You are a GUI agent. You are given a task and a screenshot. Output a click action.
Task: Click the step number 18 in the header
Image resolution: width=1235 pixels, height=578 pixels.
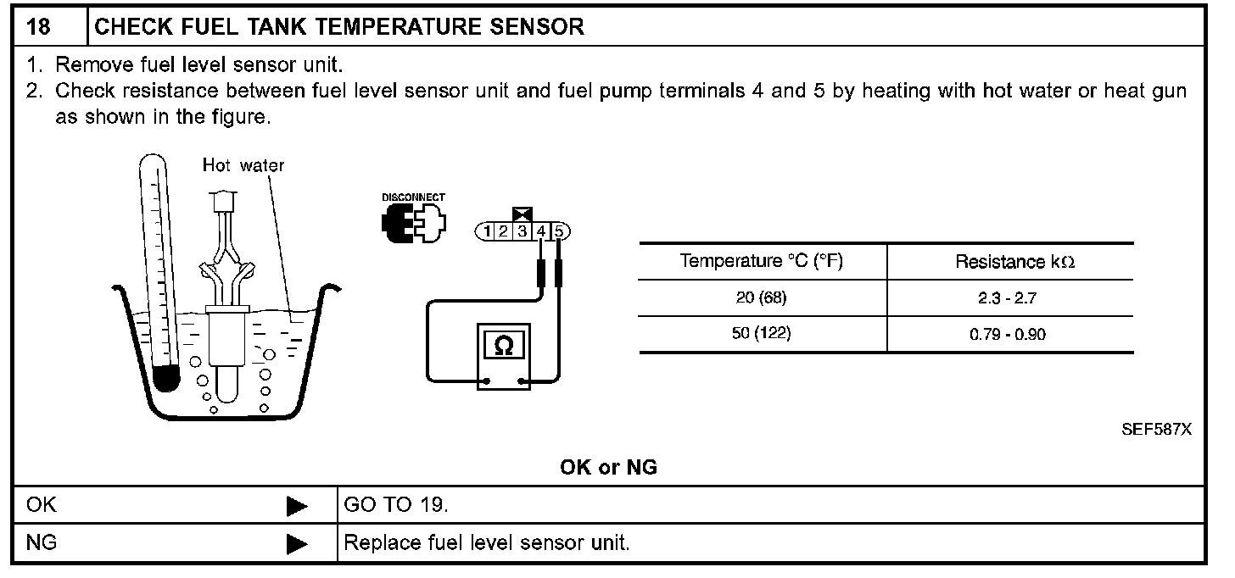[x=39, y=26]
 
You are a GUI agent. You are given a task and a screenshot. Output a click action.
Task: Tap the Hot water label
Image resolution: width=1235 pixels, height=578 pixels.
[x=243, y=165]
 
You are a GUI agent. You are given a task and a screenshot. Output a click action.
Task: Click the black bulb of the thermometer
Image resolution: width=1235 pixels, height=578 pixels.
[x=165, y=377]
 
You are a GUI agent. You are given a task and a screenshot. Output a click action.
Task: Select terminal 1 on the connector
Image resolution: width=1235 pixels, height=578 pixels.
[x=488, y=231]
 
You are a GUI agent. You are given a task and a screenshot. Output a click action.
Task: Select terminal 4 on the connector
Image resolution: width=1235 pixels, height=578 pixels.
[x=541, y=231]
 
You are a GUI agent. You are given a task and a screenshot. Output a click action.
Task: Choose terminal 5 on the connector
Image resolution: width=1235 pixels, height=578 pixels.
[x=560, y=231]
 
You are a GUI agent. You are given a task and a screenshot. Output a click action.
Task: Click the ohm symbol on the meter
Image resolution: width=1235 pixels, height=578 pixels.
[x=503, y=346]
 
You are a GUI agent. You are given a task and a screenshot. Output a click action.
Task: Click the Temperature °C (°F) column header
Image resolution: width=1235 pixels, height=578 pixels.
[x=761, y=261]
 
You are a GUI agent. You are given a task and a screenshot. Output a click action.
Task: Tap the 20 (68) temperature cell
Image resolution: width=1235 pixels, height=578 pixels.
[x=761, y=298]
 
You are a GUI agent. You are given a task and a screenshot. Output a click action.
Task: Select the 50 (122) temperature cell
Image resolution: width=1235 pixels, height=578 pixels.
[x=761, y=333]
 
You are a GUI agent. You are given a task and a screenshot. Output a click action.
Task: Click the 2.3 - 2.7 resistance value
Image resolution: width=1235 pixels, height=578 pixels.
[x=1008, y=299]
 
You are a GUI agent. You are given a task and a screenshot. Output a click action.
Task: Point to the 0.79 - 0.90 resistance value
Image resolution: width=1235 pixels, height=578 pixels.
[x=1008, y=334]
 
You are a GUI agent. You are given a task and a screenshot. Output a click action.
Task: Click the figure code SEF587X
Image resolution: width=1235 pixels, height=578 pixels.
[x=1156, y=430]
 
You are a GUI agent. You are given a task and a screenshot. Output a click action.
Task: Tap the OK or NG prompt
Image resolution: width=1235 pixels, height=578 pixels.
[x=608, y=467]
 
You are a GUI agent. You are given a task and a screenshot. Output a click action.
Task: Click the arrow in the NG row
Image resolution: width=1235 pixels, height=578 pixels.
[x=297, y=543]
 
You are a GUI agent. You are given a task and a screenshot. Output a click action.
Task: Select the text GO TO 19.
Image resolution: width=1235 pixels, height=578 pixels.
[x=395, y=506]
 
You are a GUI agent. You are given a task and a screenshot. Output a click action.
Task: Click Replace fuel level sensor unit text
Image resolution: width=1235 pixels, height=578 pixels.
[x=487, y=542]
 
